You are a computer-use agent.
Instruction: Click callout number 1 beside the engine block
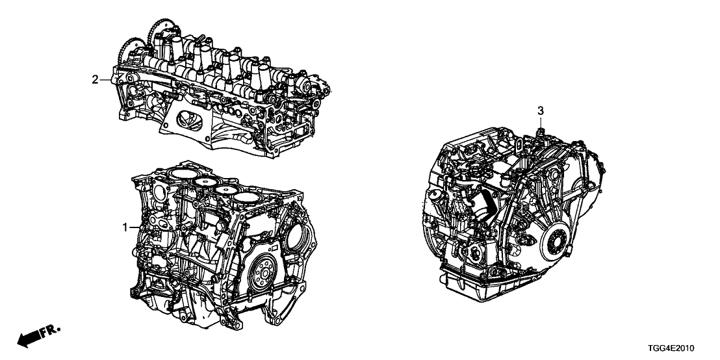124,227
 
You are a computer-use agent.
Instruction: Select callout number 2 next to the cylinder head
95,80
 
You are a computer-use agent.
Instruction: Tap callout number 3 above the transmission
541,110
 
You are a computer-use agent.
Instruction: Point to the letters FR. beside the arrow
50,331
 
